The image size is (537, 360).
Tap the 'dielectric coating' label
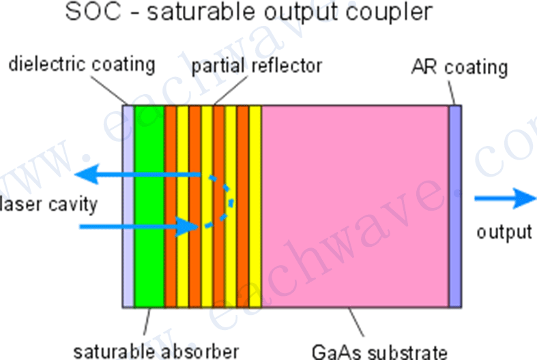point(82,65)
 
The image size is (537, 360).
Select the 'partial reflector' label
point(256,66)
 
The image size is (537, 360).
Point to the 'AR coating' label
point(459,67)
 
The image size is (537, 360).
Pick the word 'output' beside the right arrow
point(504,231)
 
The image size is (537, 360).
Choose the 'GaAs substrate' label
point(379,352)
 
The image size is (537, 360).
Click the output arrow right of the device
point(505,198)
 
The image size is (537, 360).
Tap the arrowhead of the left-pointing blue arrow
point(85,175)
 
